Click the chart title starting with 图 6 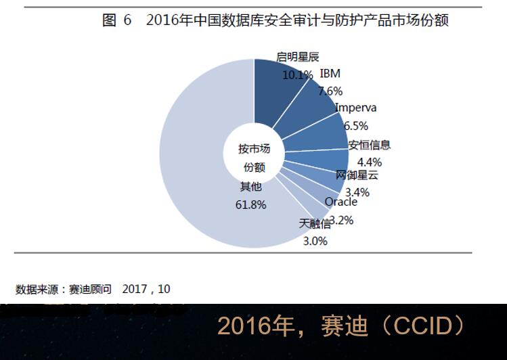click(275, 20)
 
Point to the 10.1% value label click(297, 75)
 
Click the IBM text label click(330, 74)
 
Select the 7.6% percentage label click(330, 91)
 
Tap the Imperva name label click(355, 108)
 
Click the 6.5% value click(355, 125)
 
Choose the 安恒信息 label click(370, 145)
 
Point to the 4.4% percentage click(370, 162)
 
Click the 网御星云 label click(357, 175)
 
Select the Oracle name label click(340, 202)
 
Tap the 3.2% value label click(341, 219)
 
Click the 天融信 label click(315, 223)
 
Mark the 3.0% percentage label click(315, 240)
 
